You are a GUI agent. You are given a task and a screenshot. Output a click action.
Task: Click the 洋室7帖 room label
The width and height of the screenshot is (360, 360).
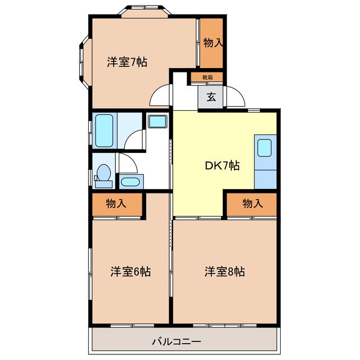tap(127, 62)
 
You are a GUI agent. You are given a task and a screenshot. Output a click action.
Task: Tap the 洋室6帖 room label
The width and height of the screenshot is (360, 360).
tap(130, 272)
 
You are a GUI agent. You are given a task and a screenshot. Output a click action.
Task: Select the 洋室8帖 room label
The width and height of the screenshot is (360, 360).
tap(224, 272)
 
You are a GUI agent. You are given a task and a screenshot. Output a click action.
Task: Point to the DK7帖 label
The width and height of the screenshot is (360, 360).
tap(222, 165)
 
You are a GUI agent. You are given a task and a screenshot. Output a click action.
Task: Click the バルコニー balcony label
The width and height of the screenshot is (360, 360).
tap(176, 341)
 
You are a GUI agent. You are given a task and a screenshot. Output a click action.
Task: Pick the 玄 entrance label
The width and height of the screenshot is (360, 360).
tap(211, 97)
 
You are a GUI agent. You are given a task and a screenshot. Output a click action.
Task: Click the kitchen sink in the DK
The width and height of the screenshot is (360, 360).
tap(265, 148)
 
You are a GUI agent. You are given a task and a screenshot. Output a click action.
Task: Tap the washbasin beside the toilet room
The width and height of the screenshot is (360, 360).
tap(130, 182)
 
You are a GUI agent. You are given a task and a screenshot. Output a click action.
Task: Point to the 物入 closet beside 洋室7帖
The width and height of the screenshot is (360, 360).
tap(212, 43)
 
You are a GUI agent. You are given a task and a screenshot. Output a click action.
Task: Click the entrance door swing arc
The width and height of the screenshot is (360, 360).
tap(236, 97)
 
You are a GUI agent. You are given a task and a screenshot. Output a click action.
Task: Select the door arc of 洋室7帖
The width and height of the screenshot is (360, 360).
tap(160, 94)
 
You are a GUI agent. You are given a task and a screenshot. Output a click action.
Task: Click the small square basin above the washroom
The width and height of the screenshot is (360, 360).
tap(156, 121)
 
